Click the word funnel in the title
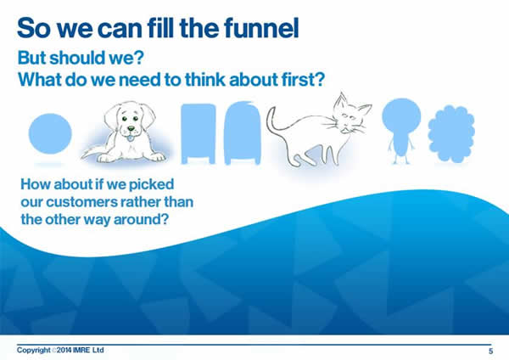tap(261, 28)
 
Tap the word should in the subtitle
tap(77, 58)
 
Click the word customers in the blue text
tap(81, 202)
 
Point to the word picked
tap(151, 185)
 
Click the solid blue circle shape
tap(50, 133)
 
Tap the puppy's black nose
tap(131, 129)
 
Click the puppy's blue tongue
tap(130, 138)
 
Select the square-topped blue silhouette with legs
tap(198, 133)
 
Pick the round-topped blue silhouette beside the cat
tap(242, 133)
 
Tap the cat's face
tap(349, 118)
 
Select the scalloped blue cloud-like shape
tap(451, 134)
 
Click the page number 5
tap(491, 351)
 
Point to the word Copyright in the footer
tap(34, 351)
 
